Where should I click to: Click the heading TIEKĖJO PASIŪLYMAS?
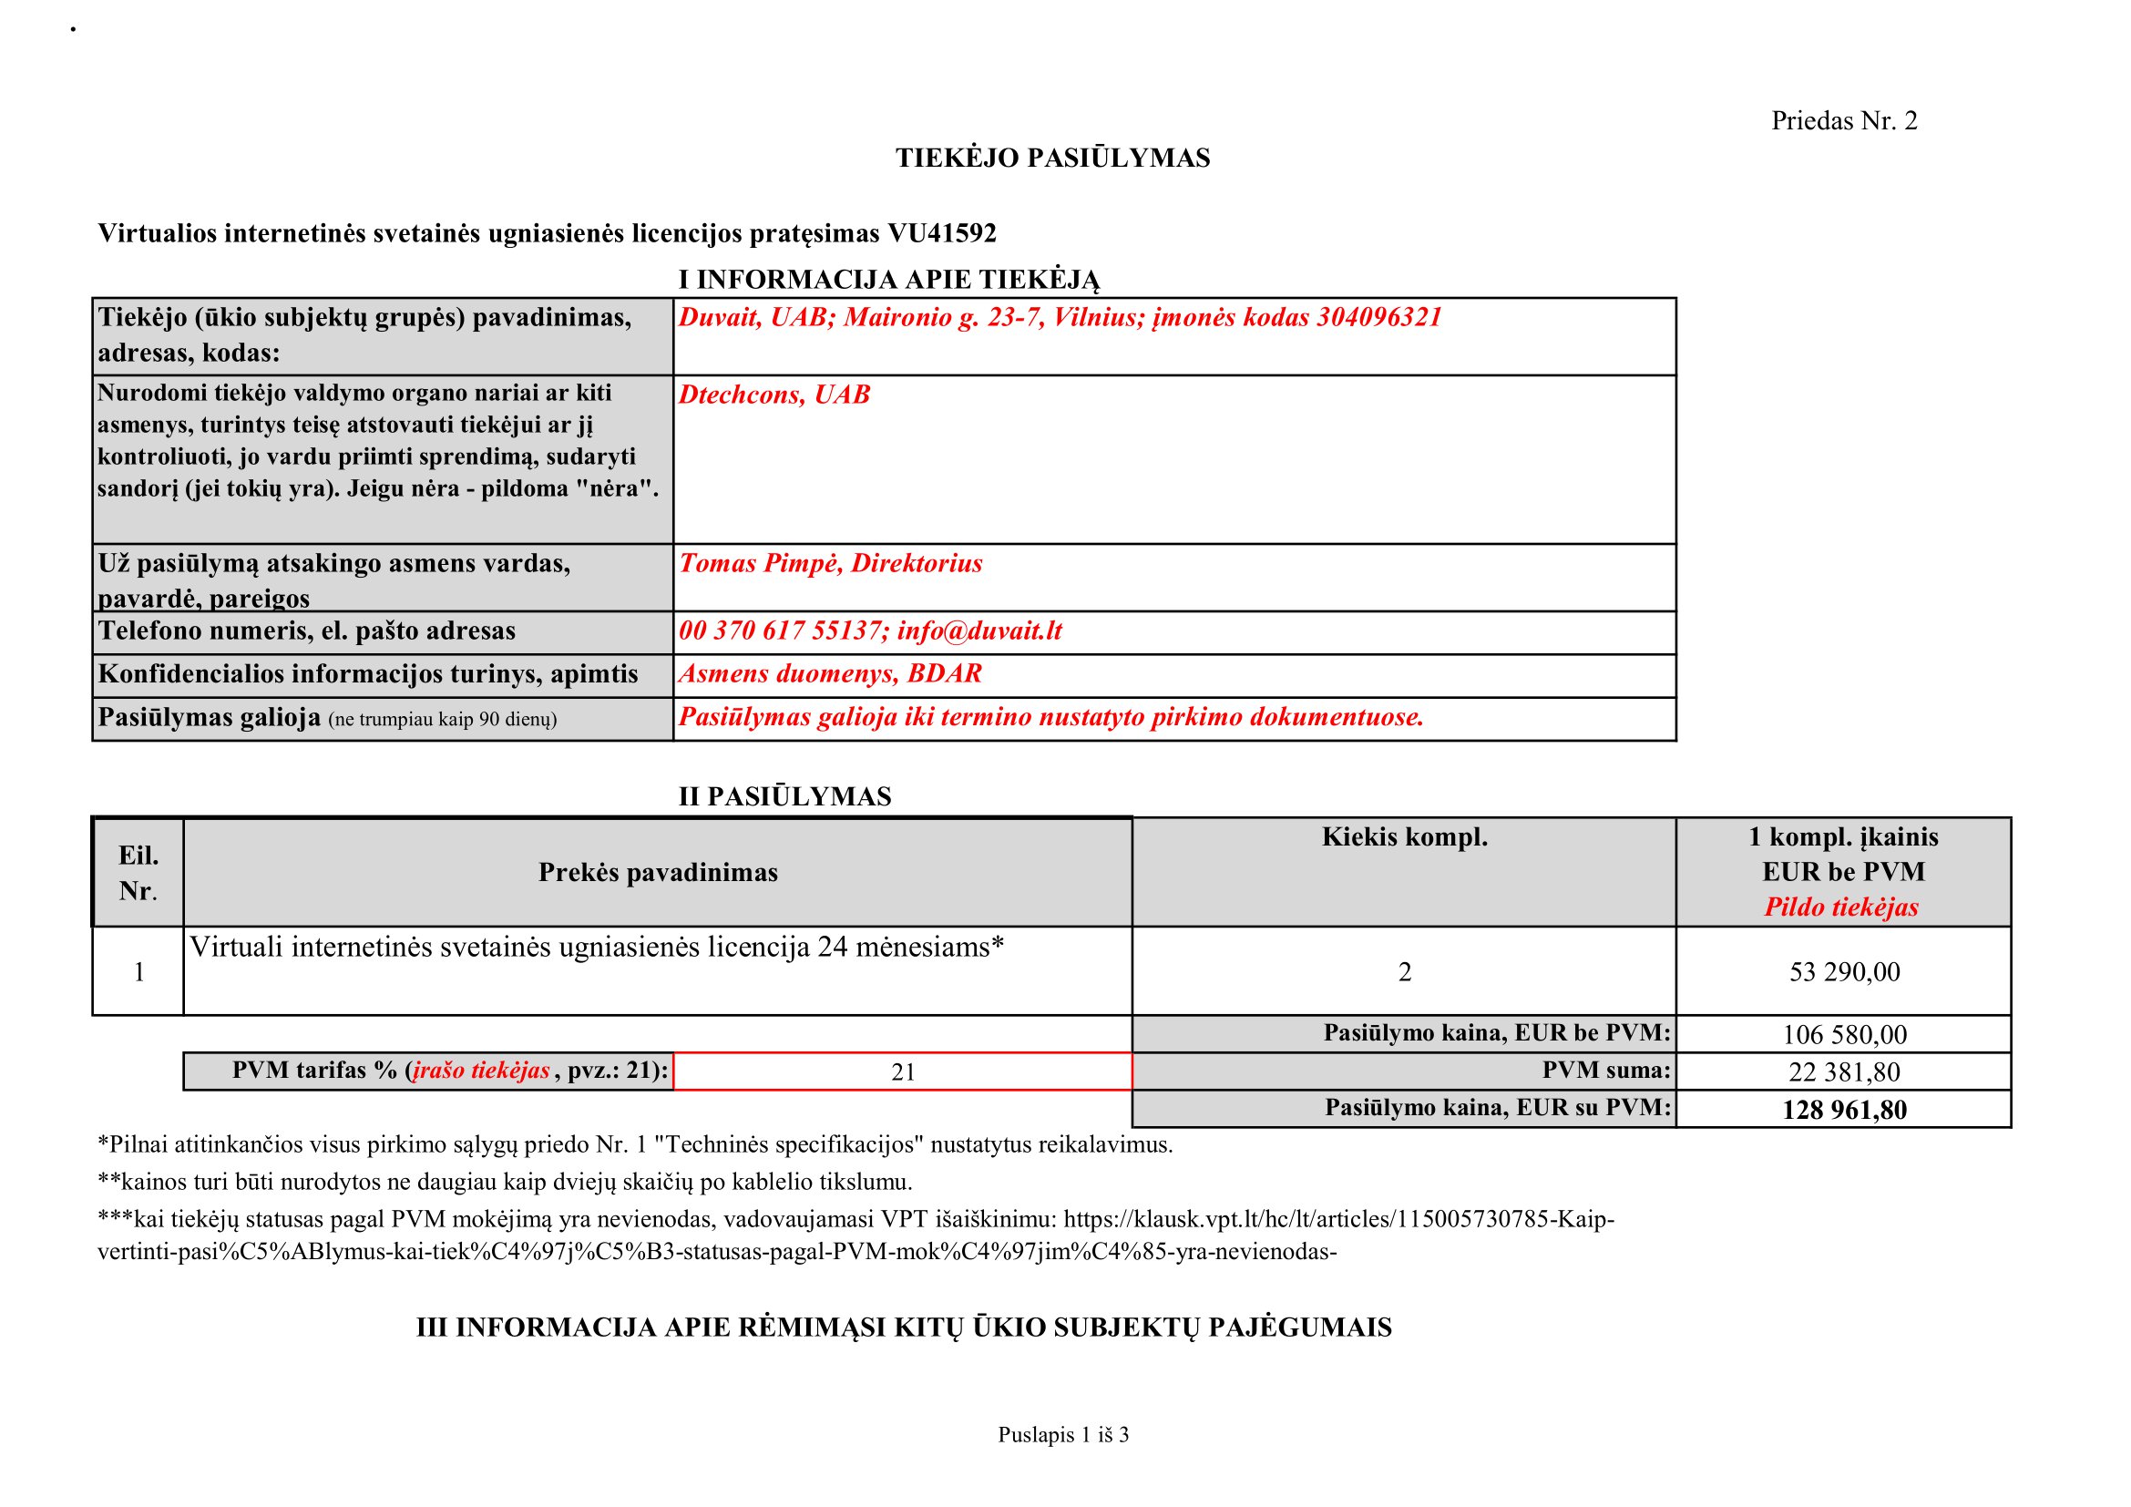pos(1052,159)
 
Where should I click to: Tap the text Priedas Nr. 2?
pos(1843,121)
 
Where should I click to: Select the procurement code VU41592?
pos(941,234)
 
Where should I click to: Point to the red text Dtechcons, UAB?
pos(774,395)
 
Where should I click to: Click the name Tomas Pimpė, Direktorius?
pos(831,564)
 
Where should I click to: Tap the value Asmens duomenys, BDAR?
pos(830,674)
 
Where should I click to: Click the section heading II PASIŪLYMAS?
pos(784,797)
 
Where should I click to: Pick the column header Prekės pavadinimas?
pos(658,873)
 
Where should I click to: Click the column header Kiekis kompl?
pos(1404,838)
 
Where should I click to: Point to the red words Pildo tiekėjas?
pos(1841,907)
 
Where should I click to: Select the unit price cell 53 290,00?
pos(1844,972)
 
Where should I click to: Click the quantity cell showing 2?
pos(1404,972)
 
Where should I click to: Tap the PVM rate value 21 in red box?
pos(903,1072)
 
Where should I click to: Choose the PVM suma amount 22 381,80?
pos(1844,1072)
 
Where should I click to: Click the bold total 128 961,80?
pos(1844,1111)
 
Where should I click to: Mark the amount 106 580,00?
pos(1844,1035)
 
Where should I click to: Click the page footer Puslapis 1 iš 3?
pos(1063,1436)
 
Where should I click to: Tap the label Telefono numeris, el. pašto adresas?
pos(307,632)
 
